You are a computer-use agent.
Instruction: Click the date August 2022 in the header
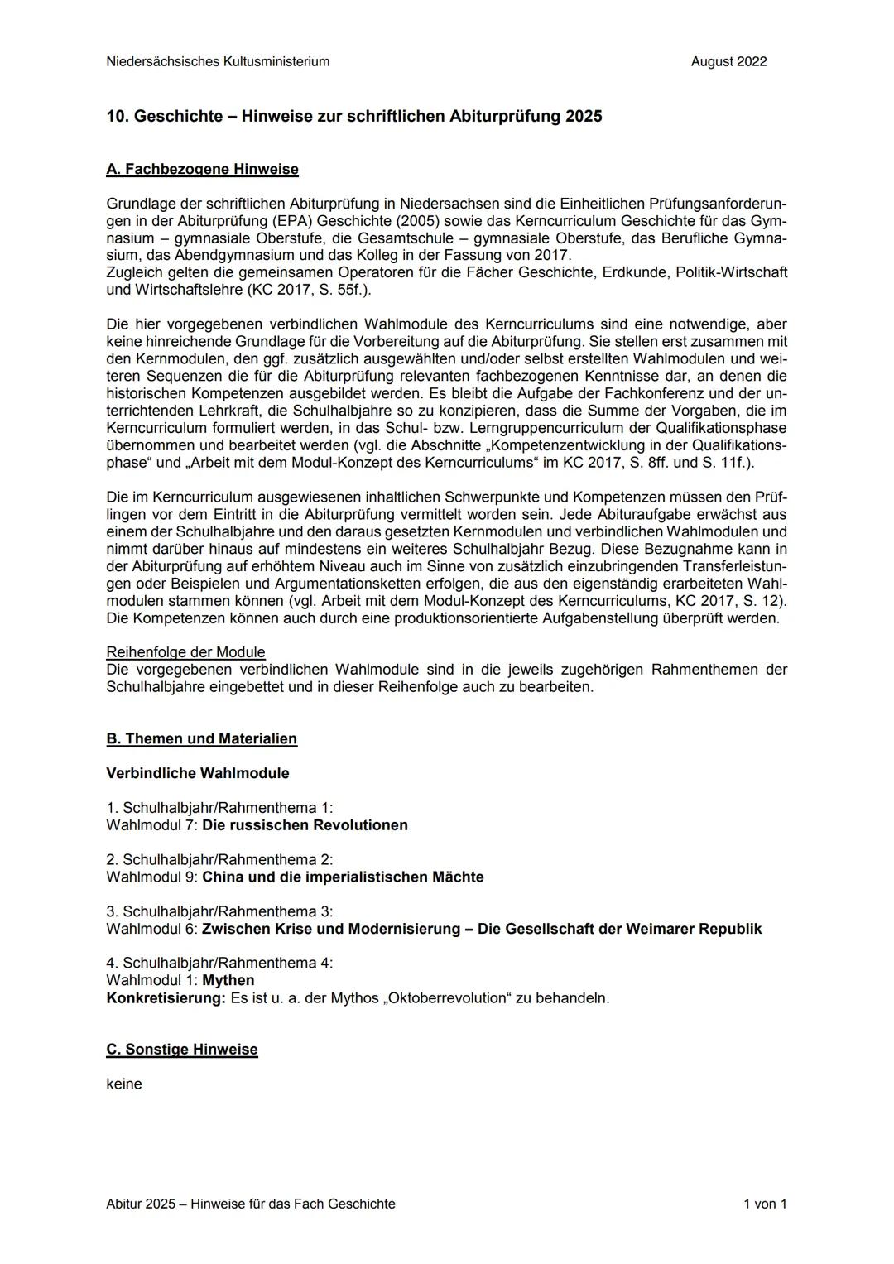[728, 61]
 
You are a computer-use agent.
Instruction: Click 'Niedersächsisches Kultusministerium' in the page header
[218, 61]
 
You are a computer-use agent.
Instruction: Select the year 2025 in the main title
[584, 117]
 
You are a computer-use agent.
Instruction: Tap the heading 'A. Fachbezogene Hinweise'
[202, 170]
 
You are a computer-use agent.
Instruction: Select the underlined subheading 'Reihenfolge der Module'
[185, 652]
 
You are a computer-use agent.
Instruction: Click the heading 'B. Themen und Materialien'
[201, 738]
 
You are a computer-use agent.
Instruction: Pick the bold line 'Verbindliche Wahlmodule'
[197, 773]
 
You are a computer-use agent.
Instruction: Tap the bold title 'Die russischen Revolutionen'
[305, 825]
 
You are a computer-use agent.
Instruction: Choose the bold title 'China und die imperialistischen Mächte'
[343, 877]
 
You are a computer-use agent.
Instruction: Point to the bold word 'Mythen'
[228, 980]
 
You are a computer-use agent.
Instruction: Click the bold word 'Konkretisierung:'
[166, 998]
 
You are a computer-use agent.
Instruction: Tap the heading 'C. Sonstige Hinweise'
[182, 1050]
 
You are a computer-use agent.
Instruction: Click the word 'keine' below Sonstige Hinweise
[124, 1084]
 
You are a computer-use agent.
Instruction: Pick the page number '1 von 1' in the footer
[764, 1204]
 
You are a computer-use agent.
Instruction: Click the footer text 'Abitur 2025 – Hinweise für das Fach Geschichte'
[251, 1204]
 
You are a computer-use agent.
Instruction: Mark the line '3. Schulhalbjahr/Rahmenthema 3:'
[219, 911]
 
